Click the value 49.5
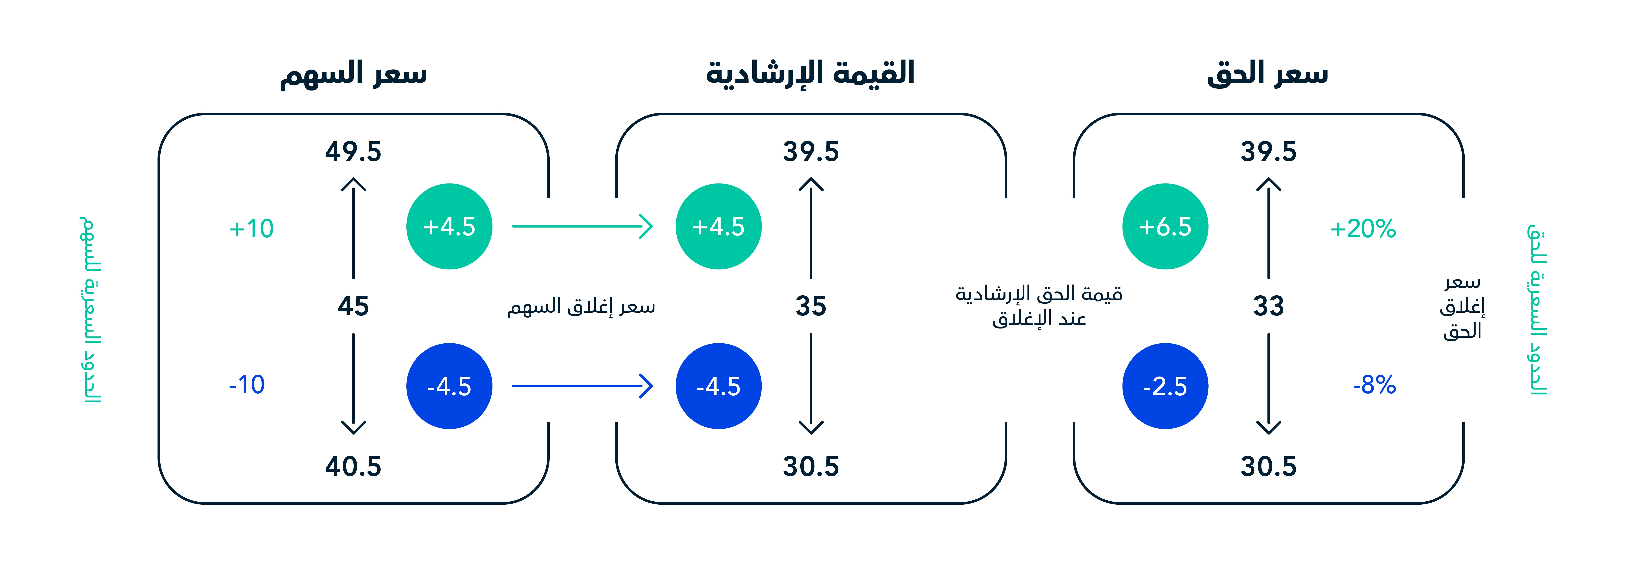[353, 152]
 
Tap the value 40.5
[353, 466]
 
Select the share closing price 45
[353, 306]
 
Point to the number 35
[811, 306]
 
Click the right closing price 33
[1268, 306]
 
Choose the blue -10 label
[246, 384]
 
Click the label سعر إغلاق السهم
[581, 306]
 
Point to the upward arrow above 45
[353, 228]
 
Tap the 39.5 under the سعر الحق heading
[1268, 152]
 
